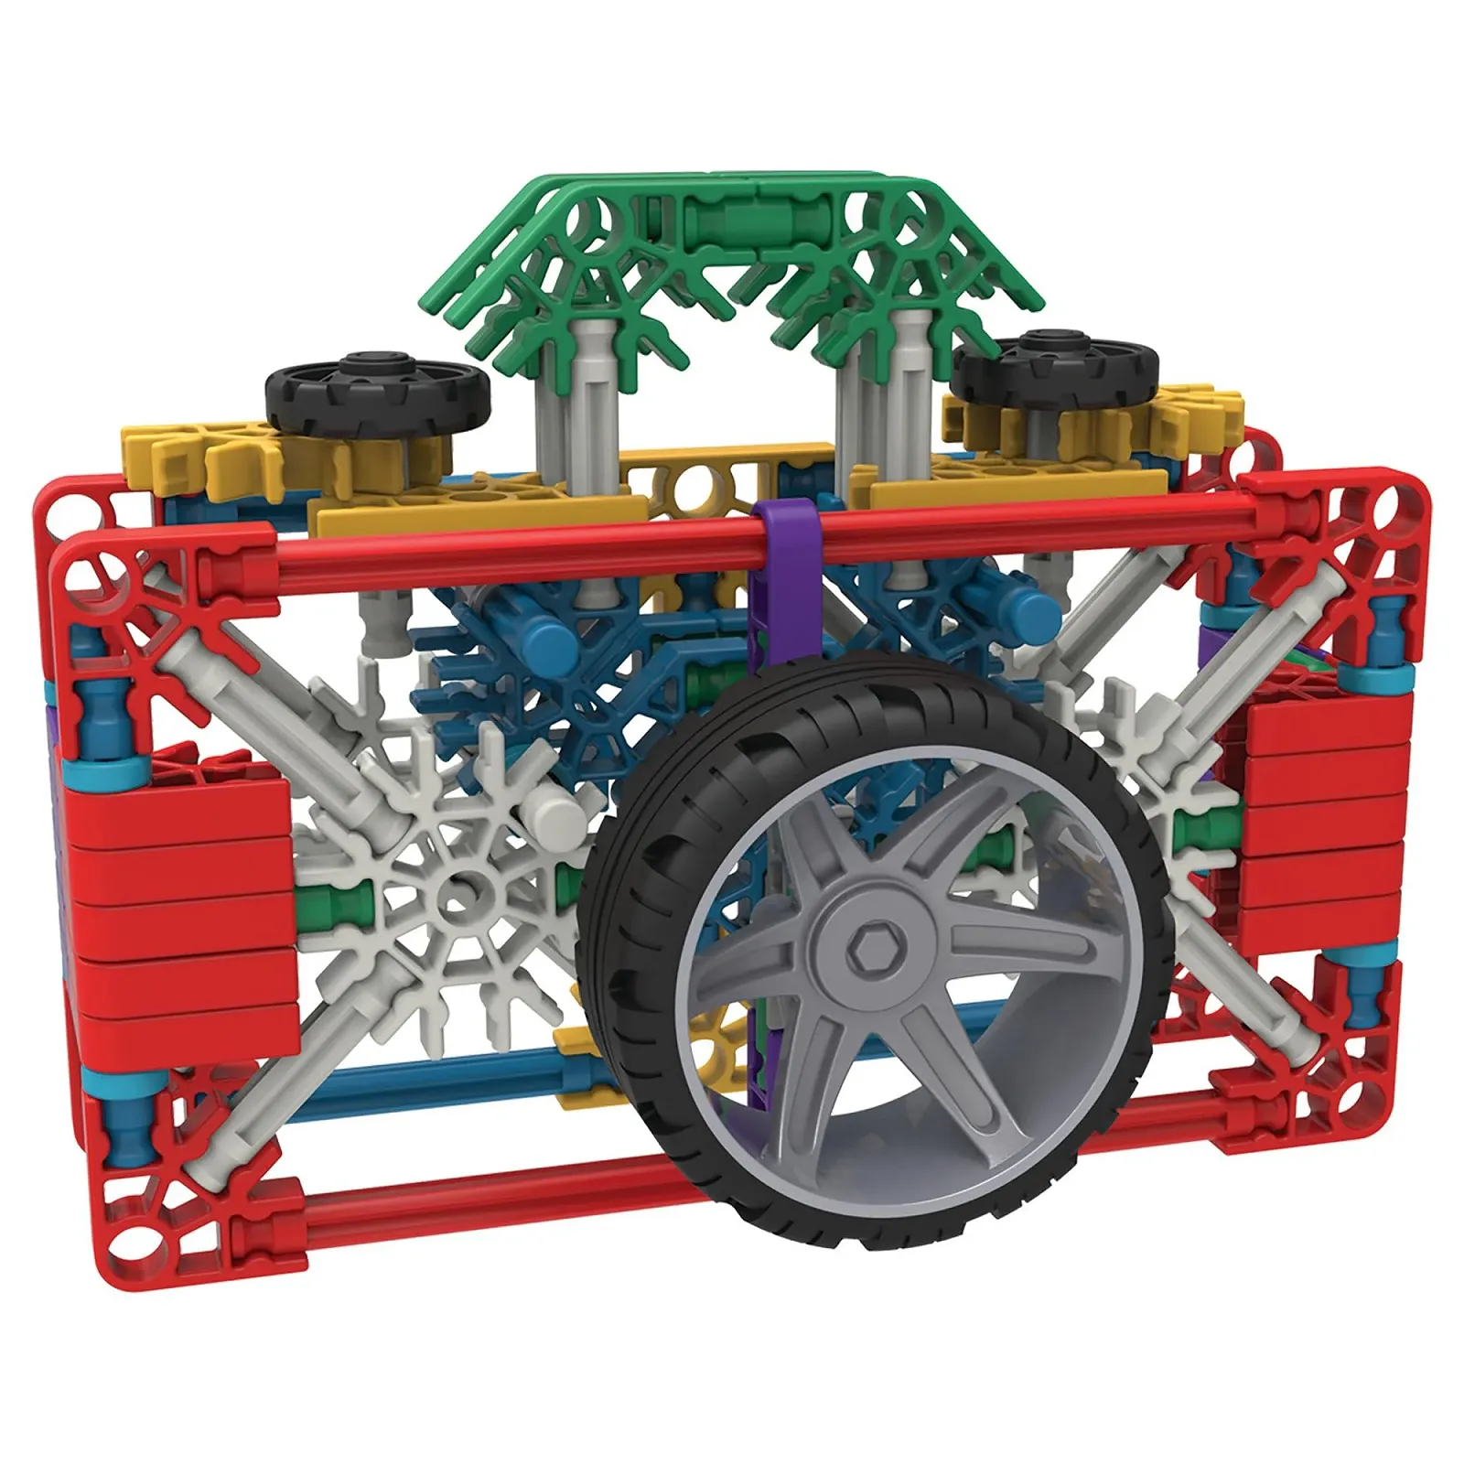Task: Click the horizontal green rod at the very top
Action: coord(732,220)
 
